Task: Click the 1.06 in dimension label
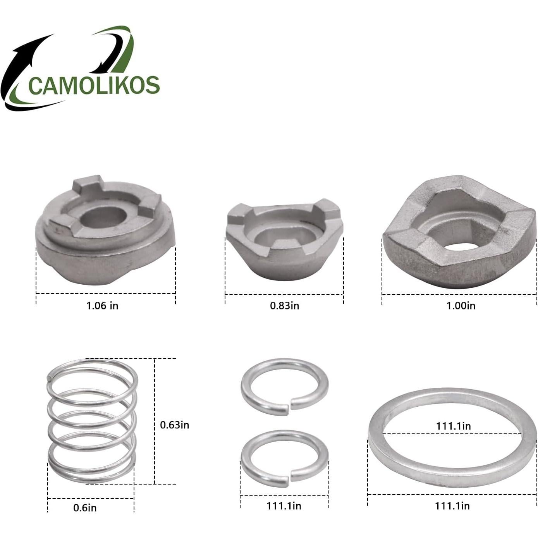click(102, 306)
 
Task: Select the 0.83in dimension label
click(284, 306)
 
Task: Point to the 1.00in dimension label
click(461, 306)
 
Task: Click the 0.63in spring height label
click(175, 425)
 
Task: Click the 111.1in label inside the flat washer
click(454, 426)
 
